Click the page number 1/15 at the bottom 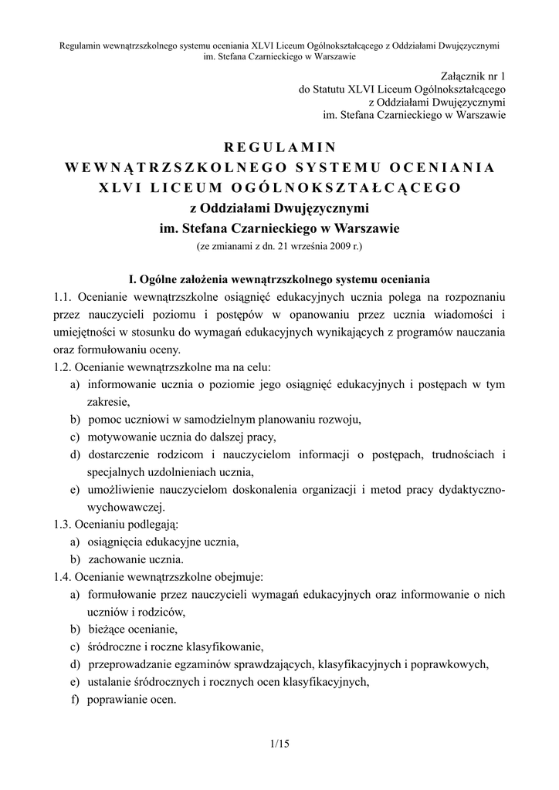[279, 744]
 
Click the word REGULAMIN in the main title [279, 146]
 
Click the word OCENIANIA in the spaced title [442, 167]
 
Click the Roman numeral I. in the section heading [131, 278]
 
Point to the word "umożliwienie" [126, 490]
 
